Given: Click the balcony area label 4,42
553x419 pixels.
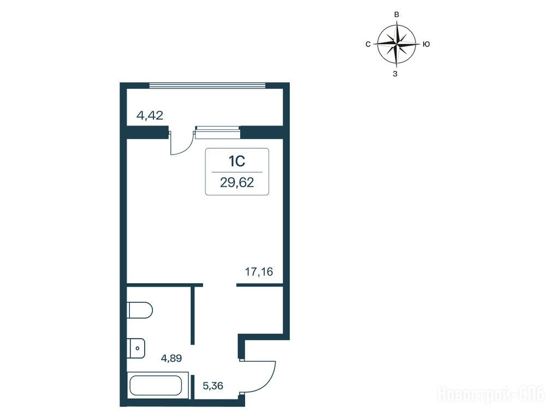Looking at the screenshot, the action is click(150, 115).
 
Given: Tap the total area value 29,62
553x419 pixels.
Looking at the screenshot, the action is click(237, 183).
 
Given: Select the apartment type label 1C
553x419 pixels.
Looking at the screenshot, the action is click(237, 161).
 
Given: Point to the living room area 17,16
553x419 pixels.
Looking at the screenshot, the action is click(259, 272).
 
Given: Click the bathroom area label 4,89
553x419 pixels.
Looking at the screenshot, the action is click(171, 358).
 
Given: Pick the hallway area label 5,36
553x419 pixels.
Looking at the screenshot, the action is click(213, 386).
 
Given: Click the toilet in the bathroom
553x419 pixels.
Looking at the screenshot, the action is click(140, 310).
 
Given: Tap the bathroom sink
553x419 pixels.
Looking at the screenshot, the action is click(136, 348).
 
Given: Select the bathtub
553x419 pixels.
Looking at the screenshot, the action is click(156, 386).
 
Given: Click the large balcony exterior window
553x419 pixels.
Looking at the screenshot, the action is click(207, 85).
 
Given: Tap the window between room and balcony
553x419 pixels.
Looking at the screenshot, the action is click(217, 133).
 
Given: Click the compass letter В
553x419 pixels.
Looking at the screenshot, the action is click(396, 15).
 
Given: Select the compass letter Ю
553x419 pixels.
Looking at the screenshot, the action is click(426, 44).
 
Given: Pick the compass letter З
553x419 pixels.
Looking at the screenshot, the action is click(395, 74).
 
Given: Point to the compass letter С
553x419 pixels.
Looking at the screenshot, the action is click(368, 44).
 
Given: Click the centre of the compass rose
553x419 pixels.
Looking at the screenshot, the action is click(396, 44).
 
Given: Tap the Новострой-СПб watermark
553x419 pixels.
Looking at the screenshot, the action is click(491, 394).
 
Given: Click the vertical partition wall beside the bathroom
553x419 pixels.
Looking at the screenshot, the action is click(193, 315).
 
